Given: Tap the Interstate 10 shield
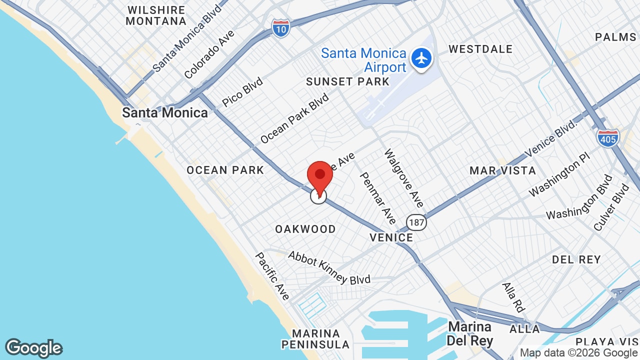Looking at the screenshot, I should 281,28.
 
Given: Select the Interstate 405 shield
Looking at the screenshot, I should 607,137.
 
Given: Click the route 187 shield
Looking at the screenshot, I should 416,221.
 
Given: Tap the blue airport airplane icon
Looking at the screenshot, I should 422,58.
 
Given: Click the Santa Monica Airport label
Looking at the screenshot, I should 363,60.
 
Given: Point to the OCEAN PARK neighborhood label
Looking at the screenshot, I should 225,170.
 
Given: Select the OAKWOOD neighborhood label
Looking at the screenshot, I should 305,229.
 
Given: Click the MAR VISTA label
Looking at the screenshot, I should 502,170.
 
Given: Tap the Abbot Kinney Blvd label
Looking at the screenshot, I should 329,267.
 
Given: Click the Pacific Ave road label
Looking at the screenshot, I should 272,276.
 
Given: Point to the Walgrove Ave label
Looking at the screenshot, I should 404,177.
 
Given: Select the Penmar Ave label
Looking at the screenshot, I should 378,198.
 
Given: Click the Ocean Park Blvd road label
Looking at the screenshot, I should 294,118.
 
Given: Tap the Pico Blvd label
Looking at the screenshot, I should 242,92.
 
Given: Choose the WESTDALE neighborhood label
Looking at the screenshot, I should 480,49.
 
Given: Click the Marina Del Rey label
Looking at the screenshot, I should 470,333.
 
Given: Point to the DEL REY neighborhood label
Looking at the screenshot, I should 576,259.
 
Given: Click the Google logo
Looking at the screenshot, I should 33,348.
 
